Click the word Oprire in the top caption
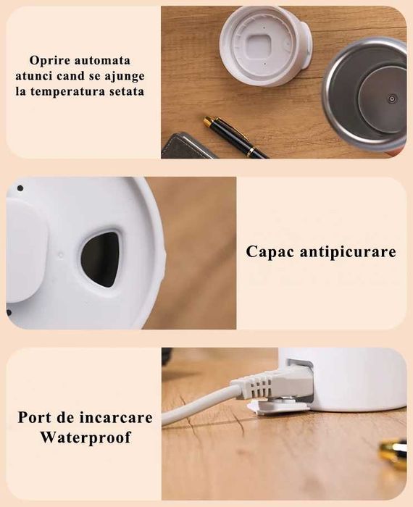(x=51, y=60)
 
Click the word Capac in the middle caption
(x=270, y=252)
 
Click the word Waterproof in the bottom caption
(x=85, y=437)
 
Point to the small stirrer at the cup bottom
(x=391, y=99)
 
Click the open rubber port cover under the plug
(x=278, y=407)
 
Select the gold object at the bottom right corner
(x=394, y=453)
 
